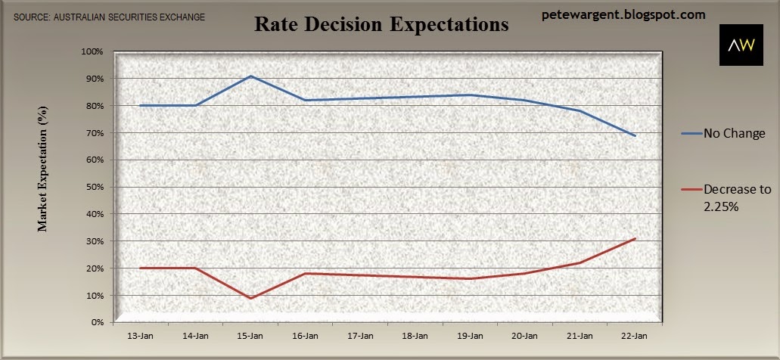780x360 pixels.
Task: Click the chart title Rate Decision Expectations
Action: coord(381,24)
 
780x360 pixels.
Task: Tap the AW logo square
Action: coord(741,45)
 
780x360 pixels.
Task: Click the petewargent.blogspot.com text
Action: coord(623,15)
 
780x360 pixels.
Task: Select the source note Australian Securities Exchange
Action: coord(109,17)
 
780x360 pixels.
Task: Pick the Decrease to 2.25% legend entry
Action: coord(726,197)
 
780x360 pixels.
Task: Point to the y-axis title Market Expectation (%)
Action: coord(43,169)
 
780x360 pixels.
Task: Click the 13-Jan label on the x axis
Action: coord(141,336)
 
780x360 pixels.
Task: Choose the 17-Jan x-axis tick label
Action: coord(361,336)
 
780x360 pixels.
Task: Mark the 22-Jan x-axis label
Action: coord(635,336)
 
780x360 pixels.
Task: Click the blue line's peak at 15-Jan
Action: coord(250,76)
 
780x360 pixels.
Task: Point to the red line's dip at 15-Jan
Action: coord(250,298)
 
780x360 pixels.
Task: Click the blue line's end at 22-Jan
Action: coord(635,135)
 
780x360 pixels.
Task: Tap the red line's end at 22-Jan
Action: coord(635,239)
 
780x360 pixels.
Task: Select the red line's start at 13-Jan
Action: coord(141,268)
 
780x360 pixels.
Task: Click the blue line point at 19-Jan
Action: coord(470,95)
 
